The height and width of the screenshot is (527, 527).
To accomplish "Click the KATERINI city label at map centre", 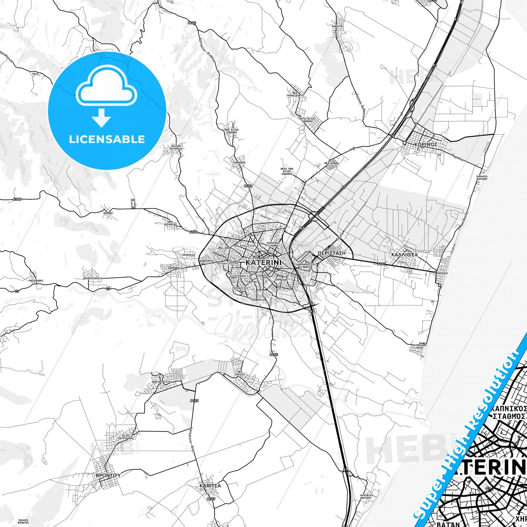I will [263, 262].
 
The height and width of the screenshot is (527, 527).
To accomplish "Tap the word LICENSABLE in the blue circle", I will [107, 139].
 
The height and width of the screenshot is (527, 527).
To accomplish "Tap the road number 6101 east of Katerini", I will [382, 264].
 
